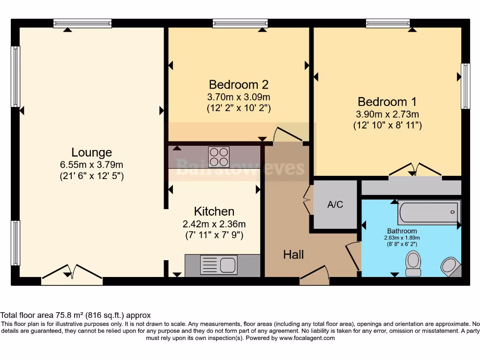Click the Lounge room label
click(x=91, y=152)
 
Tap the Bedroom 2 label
click(x=239, y=85)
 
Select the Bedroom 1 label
click(x=387, y=102)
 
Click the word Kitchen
click(x=214, y=211)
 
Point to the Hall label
click(x=293, y=255)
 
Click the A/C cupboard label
click(x=335, y=205)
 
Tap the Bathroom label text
click(x=402, y=231)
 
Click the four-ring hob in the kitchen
click(x=219, y=157)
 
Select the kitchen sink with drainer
click(x=218, y=265)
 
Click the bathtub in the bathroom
click(x=428, y=212)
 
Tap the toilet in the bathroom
click(x=413, y=263)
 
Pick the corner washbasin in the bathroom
click(x=450, y=266)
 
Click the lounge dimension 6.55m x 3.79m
click(x=91, y=165)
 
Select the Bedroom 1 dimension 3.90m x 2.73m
click(x=387, y=114)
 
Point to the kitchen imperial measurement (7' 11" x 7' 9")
click(x=214, y=235)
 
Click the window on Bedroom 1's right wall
click(x=465, y=86)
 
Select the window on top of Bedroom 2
click(x=240, y=23)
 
